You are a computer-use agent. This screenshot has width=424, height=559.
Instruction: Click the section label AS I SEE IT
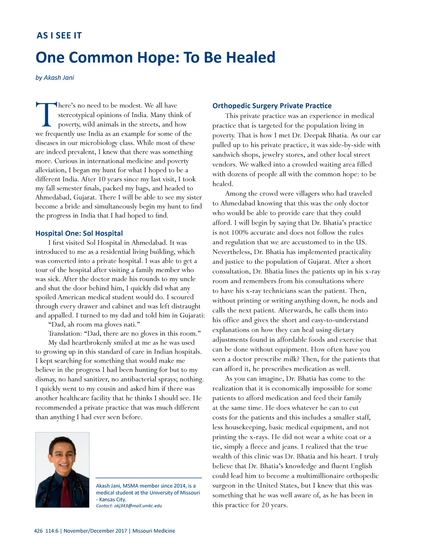(x=59, y=36)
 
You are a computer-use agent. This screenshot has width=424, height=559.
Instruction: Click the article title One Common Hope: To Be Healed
(x=155, y=57)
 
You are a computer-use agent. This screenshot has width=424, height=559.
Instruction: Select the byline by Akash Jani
(x=55, y=78)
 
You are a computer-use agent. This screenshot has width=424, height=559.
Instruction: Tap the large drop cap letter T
(x=46, y=114)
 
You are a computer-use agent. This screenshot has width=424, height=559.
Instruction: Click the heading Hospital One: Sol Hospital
(x=79, y=233)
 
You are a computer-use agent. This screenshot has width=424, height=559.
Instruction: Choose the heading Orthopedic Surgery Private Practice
(x=272, y=106)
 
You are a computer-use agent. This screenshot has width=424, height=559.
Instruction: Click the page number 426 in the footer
(x=38, y=531)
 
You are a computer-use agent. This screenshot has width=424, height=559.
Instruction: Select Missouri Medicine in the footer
(x=154, y=531)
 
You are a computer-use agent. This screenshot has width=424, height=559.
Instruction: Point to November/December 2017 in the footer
(x=95, y=531)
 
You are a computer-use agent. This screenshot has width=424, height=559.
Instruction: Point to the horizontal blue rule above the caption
(x=148, y=478)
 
